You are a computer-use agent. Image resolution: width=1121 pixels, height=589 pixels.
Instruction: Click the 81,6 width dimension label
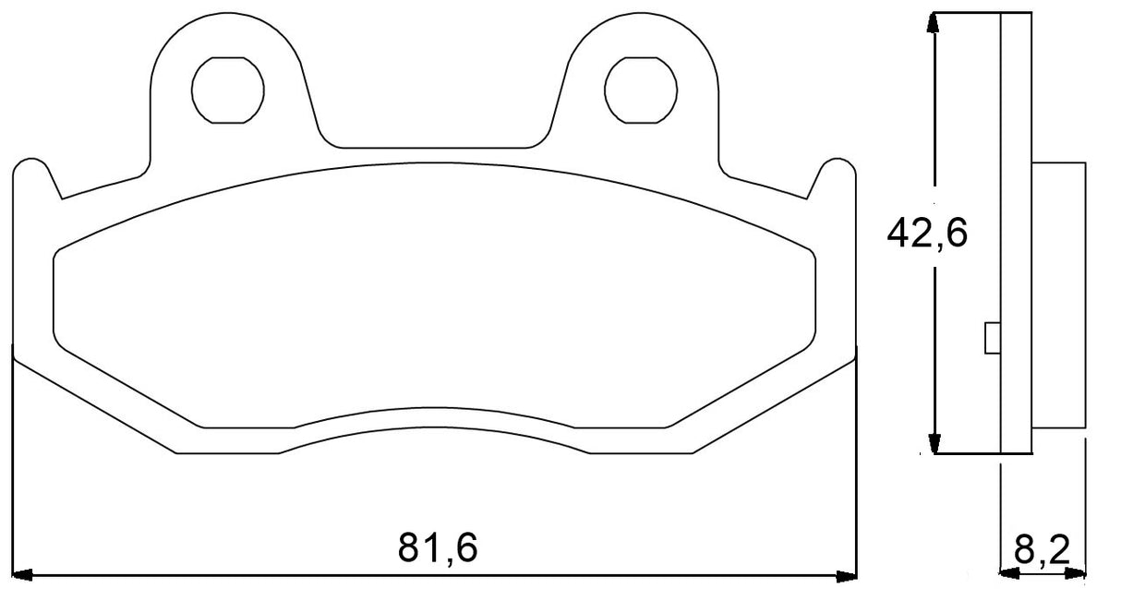tap(438, 548)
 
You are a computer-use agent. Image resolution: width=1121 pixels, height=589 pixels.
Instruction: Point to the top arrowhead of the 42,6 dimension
tap(936, 22)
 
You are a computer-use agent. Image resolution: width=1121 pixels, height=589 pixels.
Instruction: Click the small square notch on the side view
tap(994, 338)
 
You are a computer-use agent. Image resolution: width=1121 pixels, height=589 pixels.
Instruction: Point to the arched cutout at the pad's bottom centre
tap(434, 420)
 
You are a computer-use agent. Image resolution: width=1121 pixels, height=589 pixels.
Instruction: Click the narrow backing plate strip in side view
tap(1016, 231)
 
